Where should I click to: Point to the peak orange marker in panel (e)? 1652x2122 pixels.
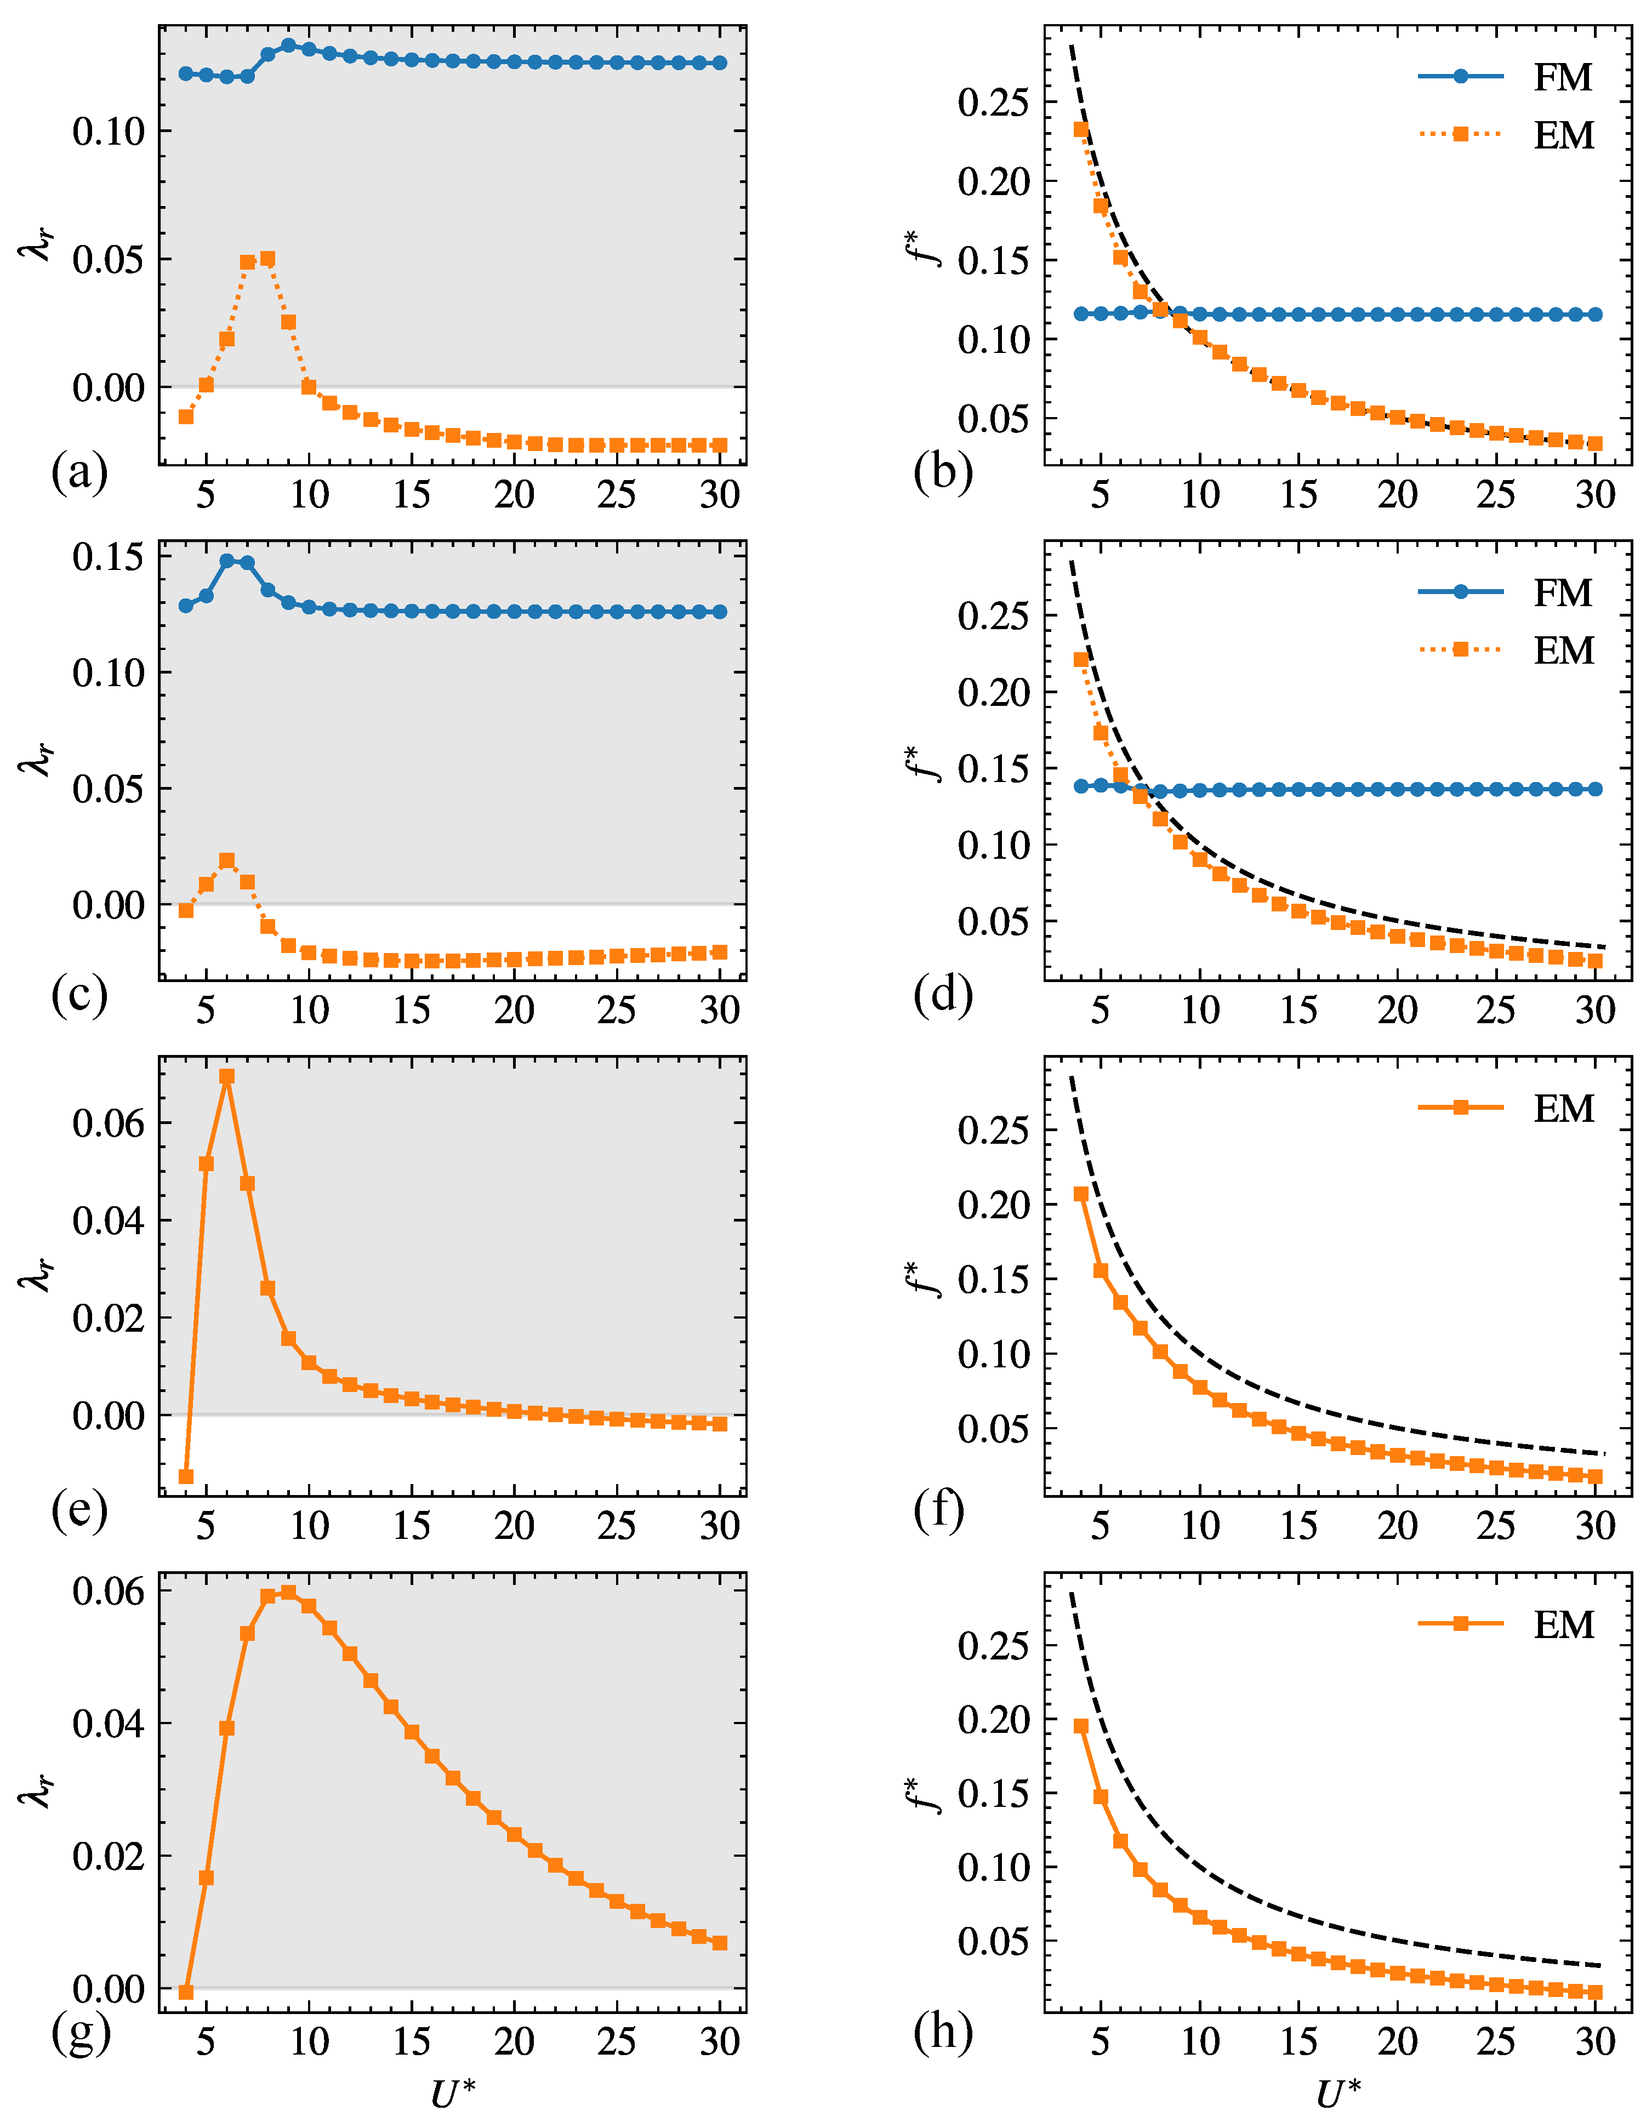(226, 1076)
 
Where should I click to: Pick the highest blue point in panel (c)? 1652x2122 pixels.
(226, 561)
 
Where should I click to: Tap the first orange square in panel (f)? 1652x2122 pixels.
(1081, 1194)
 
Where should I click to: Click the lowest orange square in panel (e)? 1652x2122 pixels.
(186, 1477)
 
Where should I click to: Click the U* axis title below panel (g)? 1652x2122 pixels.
(453, 2093)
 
